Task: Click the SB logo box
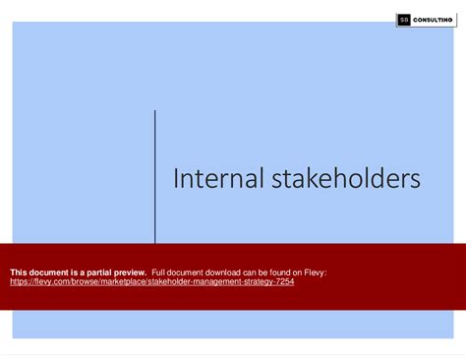click(404, 19)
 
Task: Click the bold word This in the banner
click(19, 271)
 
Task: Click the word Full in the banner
click(160, 271)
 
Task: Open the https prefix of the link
click(20, 281)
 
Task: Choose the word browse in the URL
click(89, 281)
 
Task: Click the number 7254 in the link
click(283, 281)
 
